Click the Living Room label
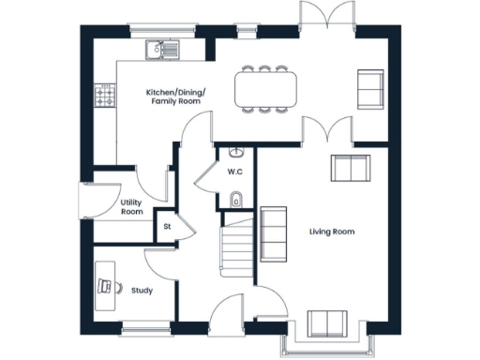point(332,231)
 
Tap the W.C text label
point(235,172)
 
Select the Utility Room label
point(132,207)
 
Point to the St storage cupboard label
point(167,226)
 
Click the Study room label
point(142,291)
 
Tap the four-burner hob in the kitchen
point(105,95)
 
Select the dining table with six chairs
point(265,89)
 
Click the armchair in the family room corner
point(370,88)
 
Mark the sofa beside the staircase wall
point(274,234)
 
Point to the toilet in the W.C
point(235,198)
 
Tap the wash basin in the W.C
point(235,153)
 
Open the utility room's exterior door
point(82,202)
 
